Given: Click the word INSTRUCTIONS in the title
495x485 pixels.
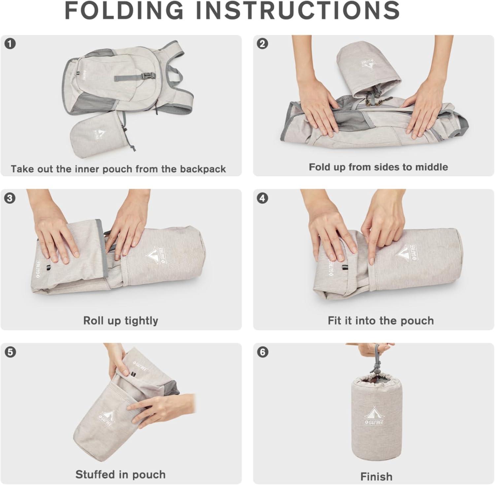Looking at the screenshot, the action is click(x=298, y=10).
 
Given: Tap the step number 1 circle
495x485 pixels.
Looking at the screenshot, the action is click(x=10, y=43).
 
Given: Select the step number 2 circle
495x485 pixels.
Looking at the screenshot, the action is click(x=262, y=43).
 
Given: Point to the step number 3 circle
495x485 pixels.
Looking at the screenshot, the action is click(x=10, y=198).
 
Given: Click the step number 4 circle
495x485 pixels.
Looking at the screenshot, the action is click(x=262, y=198).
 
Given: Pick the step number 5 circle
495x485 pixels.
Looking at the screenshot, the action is click(x=10, y=352).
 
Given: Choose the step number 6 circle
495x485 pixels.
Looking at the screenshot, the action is click(x=262, y=352).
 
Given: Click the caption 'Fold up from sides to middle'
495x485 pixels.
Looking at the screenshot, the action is click(x=378, y=167).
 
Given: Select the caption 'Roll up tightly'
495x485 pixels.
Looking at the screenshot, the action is click(x=120, y=321).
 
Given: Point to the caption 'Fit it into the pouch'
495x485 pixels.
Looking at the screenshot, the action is click(x=381, y=321).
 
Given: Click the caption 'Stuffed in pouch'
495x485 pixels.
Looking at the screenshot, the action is click(x=120, y=474).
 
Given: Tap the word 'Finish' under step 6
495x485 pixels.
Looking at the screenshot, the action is click(x=376, y=476).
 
